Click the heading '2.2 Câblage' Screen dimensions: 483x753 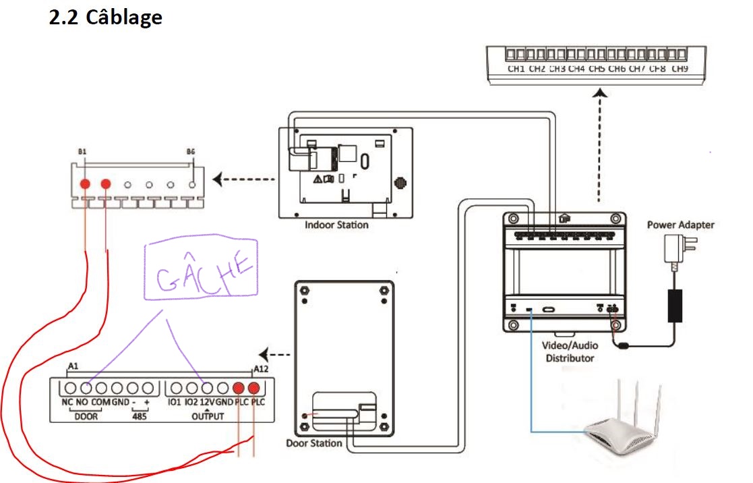click(106, 17)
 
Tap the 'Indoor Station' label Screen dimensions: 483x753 click(337, 225)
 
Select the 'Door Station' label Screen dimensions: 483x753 click(313, 443)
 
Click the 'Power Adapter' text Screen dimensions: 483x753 click(680, 225)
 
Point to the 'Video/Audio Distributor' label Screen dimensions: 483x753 click(570, 351)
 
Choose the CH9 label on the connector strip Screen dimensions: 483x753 click(679, 69)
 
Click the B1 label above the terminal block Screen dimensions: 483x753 click(82, 152)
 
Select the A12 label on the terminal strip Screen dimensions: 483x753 click(260, 368)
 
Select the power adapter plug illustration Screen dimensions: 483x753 click(674, 250)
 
